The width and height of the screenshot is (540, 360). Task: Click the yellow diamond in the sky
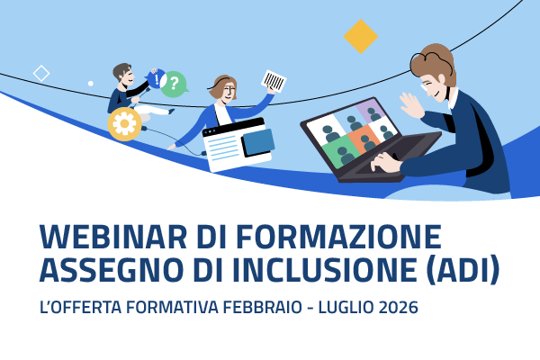click(361, 37)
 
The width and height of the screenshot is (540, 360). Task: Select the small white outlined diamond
click(41, 73)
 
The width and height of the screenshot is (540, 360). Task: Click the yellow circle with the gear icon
click(122, 124)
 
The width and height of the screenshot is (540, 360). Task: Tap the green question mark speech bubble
click(175, 84)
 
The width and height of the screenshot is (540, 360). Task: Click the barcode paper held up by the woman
click(274, 82)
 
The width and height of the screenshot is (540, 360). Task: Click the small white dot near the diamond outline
click(90, 84)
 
